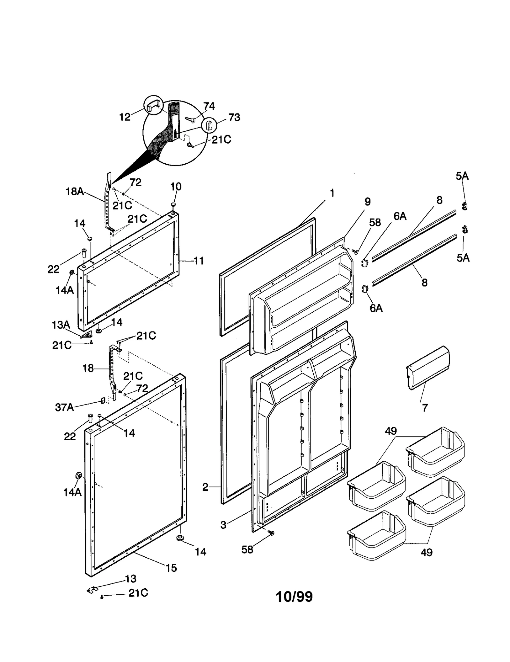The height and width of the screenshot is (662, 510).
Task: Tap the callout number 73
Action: [234, 117]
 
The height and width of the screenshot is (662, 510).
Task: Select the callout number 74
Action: [209, 106]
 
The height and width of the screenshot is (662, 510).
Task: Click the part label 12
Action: [125, 117]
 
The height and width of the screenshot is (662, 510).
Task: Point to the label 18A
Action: [75, 191]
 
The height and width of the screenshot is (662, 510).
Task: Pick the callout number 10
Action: [176, 186]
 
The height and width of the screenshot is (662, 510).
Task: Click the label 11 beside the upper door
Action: [199, 261]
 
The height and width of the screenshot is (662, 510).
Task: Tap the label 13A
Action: [61, 325]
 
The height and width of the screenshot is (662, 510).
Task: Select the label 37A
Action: [64, 407]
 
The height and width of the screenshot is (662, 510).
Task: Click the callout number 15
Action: [171, 568]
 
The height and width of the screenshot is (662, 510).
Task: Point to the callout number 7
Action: [425, 408]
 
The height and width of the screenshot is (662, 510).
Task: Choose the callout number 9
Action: [368, 202]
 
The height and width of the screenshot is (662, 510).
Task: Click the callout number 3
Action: [223, 525]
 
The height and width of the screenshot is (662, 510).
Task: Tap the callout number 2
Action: [205, 487]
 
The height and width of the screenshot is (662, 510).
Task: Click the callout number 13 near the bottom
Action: [131, 579]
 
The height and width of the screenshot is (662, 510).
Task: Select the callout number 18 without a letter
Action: [88, 368]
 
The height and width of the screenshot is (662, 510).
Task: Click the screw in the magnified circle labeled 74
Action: [190, 119]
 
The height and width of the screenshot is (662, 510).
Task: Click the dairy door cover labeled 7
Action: [428, 367]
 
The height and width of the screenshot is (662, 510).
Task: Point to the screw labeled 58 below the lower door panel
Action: [271, 532]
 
